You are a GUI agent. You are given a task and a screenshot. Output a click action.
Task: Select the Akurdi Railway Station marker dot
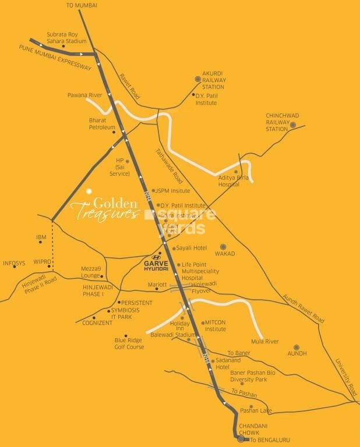pyautogui.click(x=197, y=80)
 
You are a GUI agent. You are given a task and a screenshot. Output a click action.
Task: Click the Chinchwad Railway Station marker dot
pyautogui.click(x=293, y=125)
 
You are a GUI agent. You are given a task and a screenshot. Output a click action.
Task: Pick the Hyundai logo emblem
pyautogui.click(x=156, y=257)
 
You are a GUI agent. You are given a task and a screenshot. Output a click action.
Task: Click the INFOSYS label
pyautogui.click(x=14, y=263)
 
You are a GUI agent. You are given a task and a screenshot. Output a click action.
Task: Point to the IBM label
pyautogui.click(x=41, y=237)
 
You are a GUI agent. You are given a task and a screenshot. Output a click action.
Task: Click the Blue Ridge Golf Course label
pyautogui.click(x=129, y=343)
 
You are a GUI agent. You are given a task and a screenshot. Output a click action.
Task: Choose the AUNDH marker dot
pyautogui.click(x=296, y=346)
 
